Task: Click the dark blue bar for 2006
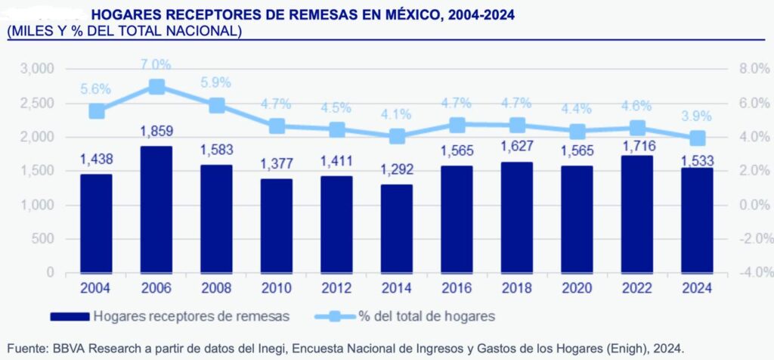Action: tap(156, 209)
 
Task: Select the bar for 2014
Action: tap(397, 228)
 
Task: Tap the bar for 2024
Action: tap(696, 220)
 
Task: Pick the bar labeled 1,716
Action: tap(636, 214)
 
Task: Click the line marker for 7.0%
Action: tap(156, 87)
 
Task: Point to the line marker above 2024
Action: tap(696, 138)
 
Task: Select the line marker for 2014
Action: tap(397, 137)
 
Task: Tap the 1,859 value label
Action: tap(156, 132)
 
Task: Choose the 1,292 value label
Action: tap(397, 170)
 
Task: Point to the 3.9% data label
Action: tap(696, 116)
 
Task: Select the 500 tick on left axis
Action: tap(42, 239)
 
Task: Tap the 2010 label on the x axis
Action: tap(277, 288)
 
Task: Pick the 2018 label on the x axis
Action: tap(516, 288)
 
